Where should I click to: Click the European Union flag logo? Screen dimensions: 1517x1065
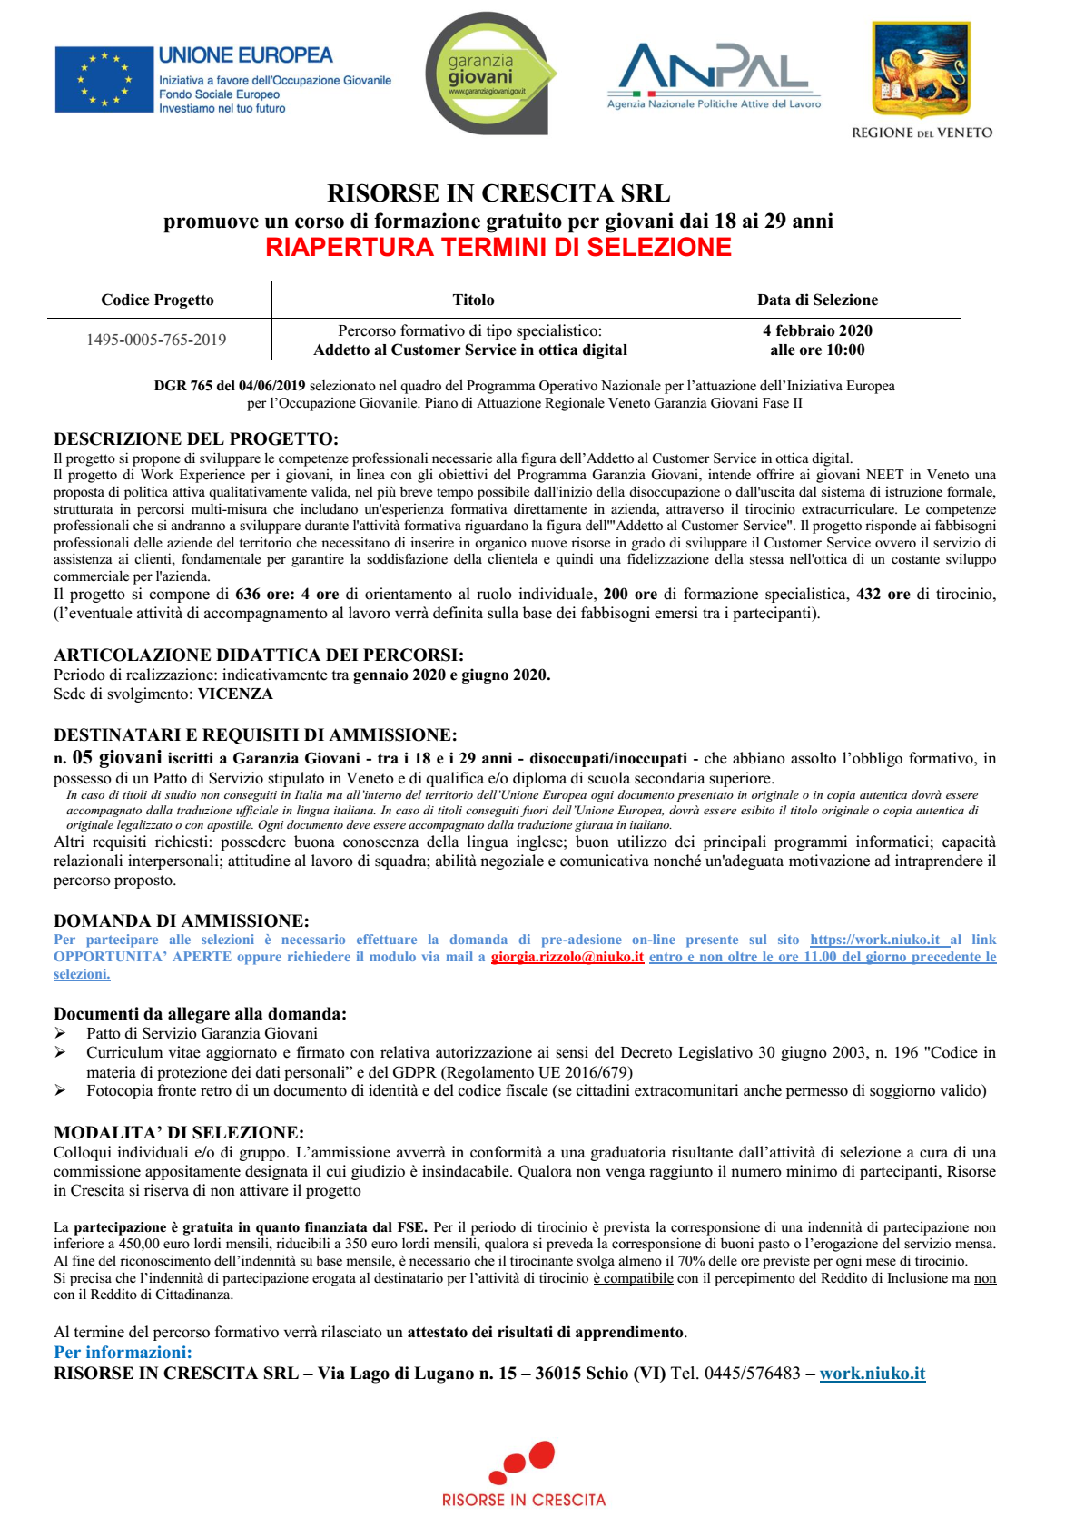pos(104,80)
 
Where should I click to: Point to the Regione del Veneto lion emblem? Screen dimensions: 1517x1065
pos(921,71)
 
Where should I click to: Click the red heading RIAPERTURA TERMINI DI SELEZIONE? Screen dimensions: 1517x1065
pos(498,248)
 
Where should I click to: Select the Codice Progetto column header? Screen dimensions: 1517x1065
pos(157,300)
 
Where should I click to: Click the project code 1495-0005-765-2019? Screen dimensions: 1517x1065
pos(156,340)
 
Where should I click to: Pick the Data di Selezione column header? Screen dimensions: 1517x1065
pos(817,300)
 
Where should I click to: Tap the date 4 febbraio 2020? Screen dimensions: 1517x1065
pos(817,331)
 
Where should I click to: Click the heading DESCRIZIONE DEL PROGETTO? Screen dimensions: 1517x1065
pos(196,439)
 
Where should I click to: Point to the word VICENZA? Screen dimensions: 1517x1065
pos(235,694)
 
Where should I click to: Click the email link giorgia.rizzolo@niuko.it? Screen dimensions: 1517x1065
pos(567,957)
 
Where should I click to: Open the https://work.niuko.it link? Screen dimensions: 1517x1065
pos(874,940)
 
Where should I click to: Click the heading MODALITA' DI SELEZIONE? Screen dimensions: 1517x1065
pos(179,1132)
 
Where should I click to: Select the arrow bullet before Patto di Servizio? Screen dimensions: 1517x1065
pos(60,1033)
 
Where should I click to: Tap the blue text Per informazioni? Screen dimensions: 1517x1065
pos(123,1353)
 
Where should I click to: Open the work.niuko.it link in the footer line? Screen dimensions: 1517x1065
pos(873,1374)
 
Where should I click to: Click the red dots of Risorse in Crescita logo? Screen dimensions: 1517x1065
pos(523,1460)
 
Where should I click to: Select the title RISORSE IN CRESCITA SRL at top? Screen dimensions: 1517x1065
pos(498,193)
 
